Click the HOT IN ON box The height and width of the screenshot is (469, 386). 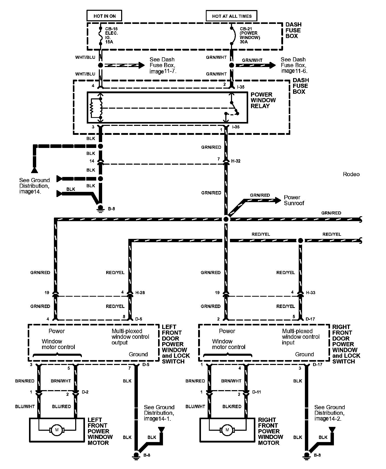tap(104, 16)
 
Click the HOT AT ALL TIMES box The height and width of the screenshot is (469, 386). tap(231, 16)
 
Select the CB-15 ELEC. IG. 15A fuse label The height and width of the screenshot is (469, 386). tap(111, 35)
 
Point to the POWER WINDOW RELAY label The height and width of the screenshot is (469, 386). tap(263, 100)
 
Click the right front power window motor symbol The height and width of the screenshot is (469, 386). tap(227, 430)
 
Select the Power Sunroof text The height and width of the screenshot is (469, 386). tap(294, 200)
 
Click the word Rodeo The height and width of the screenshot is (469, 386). tap(351, 174)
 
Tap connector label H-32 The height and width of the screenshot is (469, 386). tap(236, 161)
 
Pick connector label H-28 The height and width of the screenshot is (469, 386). tap(140, 292)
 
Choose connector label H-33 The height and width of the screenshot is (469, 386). tap(311, 292)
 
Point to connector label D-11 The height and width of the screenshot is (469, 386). tap(256, 392)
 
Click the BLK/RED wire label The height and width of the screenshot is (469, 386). tap(232, 406)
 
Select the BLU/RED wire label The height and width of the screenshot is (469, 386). tap(61, 406)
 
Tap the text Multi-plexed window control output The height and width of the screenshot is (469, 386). tap(130, 337)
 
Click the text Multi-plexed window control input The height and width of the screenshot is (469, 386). tap(301, 337)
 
